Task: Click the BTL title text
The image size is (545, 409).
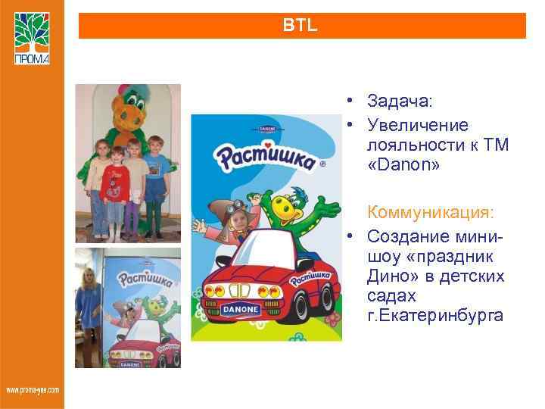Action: [x=301, y=25]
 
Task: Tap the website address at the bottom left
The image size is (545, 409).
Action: [x=32, y=390]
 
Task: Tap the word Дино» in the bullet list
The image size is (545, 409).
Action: [x=388, y=276]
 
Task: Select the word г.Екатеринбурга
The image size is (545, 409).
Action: [x=434, y=315]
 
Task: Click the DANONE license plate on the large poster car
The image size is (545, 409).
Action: [x=241, y=310]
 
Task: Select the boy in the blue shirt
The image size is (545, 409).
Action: [x=157, y=174]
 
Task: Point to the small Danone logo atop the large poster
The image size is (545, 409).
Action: [x=266, y=129]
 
